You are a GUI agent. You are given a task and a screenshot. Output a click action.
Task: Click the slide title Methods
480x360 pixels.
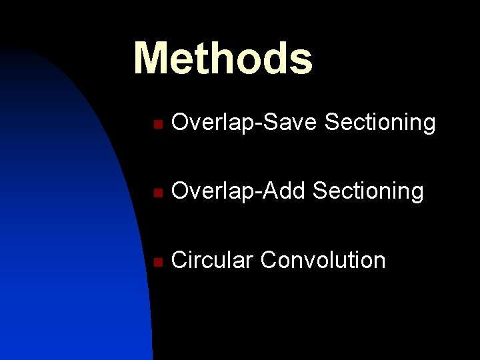(223, 58)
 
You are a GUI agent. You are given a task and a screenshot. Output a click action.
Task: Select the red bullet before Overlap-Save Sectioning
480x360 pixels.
(156, 124)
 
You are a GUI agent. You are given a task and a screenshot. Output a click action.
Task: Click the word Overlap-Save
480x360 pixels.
(245, 123)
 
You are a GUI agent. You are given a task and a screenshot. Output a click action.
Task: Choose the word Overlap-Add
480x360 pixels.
(239, 192)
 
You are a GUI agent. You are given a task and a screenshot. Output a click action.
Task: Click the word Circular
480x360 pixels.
(213, 260)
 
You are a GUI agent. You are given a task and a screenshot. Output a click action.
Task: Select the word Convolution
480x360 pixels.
(323, 260)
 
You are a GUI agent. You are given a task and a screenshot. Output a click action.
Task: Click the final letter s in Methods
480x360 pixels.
(301, 60)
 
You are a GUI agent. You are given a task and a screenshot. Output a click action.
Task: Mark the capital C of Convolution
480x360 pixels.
(269, 260)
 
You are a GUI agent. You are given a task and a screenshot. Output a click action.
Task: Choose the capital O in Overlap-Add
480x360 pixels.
(180, 192)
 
